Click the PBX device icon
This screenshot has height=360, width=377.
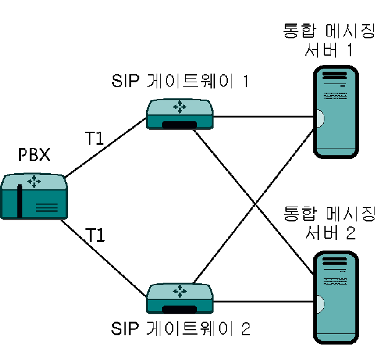(x=34, y=196)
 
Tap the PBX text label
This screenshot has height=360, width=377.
(x=35, y=154)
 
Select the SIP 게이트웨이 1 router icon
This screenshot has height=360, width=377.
(x=180, y=114)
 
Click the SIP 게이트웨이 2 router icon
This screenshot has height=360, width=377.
(x=180, y=299)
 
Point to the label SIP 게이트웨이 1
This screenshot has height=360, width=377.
(x=180, y=81)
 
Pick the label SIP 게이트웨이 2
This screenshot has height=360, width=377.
(x=181, y=328)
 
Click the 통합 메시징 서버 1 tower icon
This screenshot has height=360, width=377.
(x=336, y=112)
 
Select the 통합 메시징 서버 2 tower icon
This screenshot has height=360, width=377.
(x=336, y=298)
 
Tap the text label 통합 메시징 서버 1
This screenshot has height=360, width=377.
(x=329, y=40)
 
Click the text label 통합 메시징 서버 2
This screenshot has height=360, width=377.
(x=329, y=223)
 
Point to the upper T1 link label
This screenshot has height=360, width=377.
(x=94, y=138)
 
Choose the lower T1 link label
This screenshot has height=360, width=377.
(x=95, y=235)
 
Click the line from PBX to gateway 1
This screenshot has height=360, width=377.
(x=106, y=148)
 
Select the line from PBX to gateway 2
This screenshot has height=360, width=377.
(x=103, y=259)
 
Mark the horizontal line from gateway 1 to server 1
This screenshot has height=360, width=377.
(x=264, y=117)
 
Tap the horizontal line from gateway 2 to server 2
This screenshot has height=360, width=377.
(x=264, y=301)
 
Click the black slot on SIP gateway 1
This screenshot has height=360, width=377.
(x=180, y=125)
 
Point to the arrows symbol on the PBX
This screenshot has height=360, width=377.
(x=34, y=181)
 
